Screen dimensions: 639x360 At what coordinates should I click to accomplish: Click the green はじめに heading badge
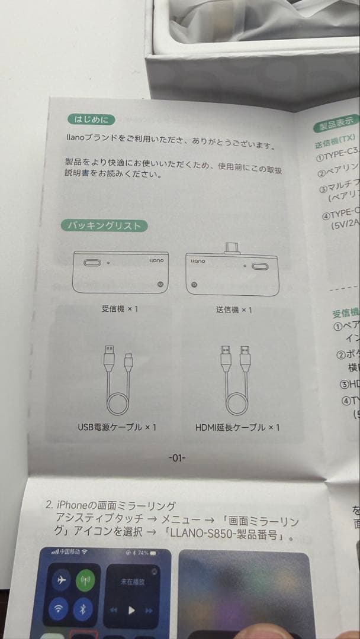tap(91, 120)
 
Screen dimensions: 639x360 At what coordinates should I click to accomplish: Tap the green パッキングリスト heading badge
tap(104, 225)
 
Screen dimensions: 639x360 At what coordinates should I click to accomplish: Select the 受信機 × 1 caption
tap(120, 309)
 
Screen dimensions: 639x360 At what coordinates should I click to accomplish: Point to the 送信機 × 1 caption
tap(234, 310)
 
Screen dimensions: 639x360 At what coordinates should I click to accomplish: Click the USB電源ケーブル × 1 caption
tap(117, 427)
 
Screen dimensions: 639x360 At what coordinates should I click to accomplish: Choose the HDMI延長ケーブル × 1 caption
tap(237, 427)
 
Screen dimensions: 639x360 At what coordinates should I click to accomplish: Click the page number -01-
tap(177, 457)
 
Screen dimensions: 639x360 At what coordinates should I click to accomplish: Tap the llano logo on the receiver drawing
tap(155, 260)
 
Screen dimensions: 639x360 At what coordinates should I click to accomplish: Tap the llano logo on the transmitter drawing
tap(197, 260)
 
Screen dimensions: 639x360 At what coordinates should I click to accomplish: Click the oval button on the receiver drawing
tap(92, 263)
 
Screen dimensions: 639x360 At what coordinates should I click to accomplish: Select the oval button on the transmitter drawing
tap(260, 266)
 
